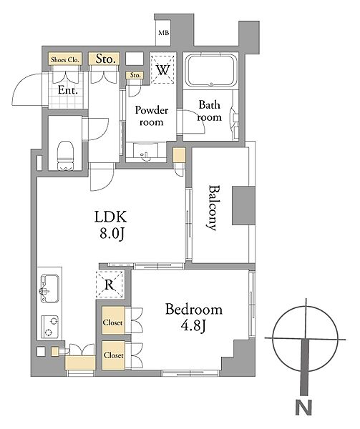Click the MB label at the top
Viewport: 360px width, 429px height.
point(164,33)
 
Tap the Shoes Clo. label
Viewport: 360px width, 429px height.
point(65,59)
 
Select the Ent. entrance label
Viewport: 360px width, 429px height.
point(67,90)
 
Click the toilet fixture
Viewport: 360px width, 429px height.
point(66,155)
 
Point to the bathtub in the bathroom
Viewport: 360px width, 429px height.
point(211,71)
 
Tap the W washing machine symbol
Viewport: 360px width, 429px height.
point(163,69)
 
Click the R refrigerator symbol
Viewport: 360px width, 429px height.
point(110,285)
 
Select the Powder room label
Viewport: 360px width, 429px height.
point(152,116)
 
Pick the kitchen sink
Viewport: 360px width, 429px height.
point(50,288)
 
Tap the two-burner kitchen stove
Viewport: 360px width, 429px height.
point(50,327)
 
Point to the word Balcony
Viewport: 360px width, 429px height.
point(213,208)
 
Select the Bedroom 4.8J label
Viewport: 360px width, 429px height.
point(193,317)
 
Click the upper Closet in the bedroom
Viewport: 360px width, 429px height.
point(113,320)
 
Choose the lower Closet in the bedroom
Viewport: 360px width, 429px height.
point(114,355)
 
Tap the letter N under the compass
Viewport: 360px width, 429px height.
point(303,408)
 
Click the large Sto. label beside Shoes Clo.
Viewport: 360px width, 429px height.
point(104,59)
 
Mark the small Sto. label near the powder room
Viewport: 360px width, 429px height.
point(135,75)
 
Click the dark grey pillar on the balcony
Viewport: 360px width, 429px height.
point(243,206)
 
